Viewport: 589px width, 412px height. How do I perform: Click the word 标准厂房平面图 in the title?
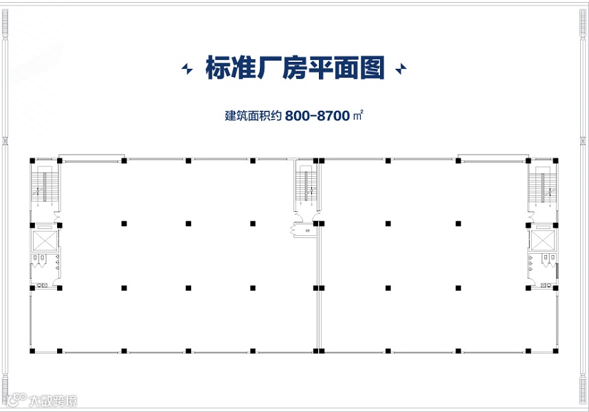(294, 69)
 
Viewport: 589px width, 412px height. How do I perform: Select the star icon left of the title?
(186, 69)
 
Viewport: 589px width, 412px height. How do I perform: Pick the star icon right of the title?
(401, 69)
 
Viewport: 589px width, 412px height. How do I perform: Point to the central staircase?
(305, 186)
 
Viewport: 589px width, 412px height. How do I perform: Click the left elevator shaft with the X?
(45, 240)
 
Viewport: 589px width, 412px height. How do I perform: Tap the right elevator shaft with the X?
(543, 240)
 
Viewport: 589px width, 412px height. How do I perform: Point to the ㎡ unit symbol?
(357, 116)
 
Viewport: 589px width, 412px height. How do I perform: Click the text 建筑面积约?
(254, 116)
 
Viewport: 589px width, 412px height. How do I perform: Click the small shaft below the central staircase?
(302, 230)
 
